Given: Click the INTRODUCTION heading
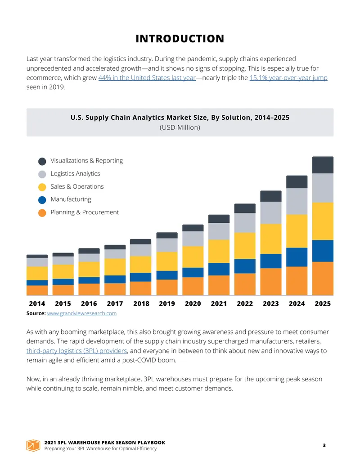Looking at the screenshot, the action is coord(180,39).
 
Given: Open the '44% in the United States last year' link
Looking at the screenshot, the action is coord(147,77).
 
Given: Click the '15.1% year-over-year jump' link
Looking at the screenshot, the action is coord(288,77).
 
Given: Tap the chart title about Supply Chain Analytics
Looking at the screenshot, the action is coord(180,118).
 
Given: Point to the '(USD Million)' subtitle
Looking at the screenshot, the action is coord(180,127).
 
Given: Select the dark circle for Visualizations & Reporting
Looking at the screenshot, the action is coord(42,161).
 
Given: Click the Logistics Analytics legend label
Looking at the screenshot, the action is coord(75,173).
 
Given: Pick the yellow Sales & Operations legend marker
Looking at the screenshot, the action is coord(42,187).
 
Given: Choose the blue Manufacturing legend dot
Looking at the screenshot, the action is coord(42,200).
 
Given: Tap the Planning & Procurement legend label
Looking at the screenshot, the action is coord(84,212).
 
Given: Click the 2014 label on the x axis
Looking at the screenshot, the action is coord(37,303).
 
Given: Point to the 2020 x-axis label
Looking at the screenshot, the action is coord(193,303).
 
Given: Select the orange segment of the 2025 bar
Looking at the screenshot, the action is coord(323,278).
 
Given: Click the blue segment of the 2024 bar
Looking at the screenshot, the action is coord(297,257).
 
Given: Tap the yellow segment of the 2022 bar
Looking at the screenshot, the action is coord(245,245).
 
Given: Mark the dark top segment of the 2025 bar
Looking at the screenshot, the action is coord(323,165).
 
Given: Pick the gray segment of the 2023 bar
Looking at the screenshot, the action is coord(271,213).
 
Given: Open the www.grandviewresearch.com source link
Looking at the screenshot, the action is coord(82,313).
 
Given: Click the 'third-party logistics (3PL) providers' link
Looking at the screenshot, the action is coord(76,351).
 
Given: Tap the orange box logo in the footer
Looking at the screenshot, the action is coord(33,445).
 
